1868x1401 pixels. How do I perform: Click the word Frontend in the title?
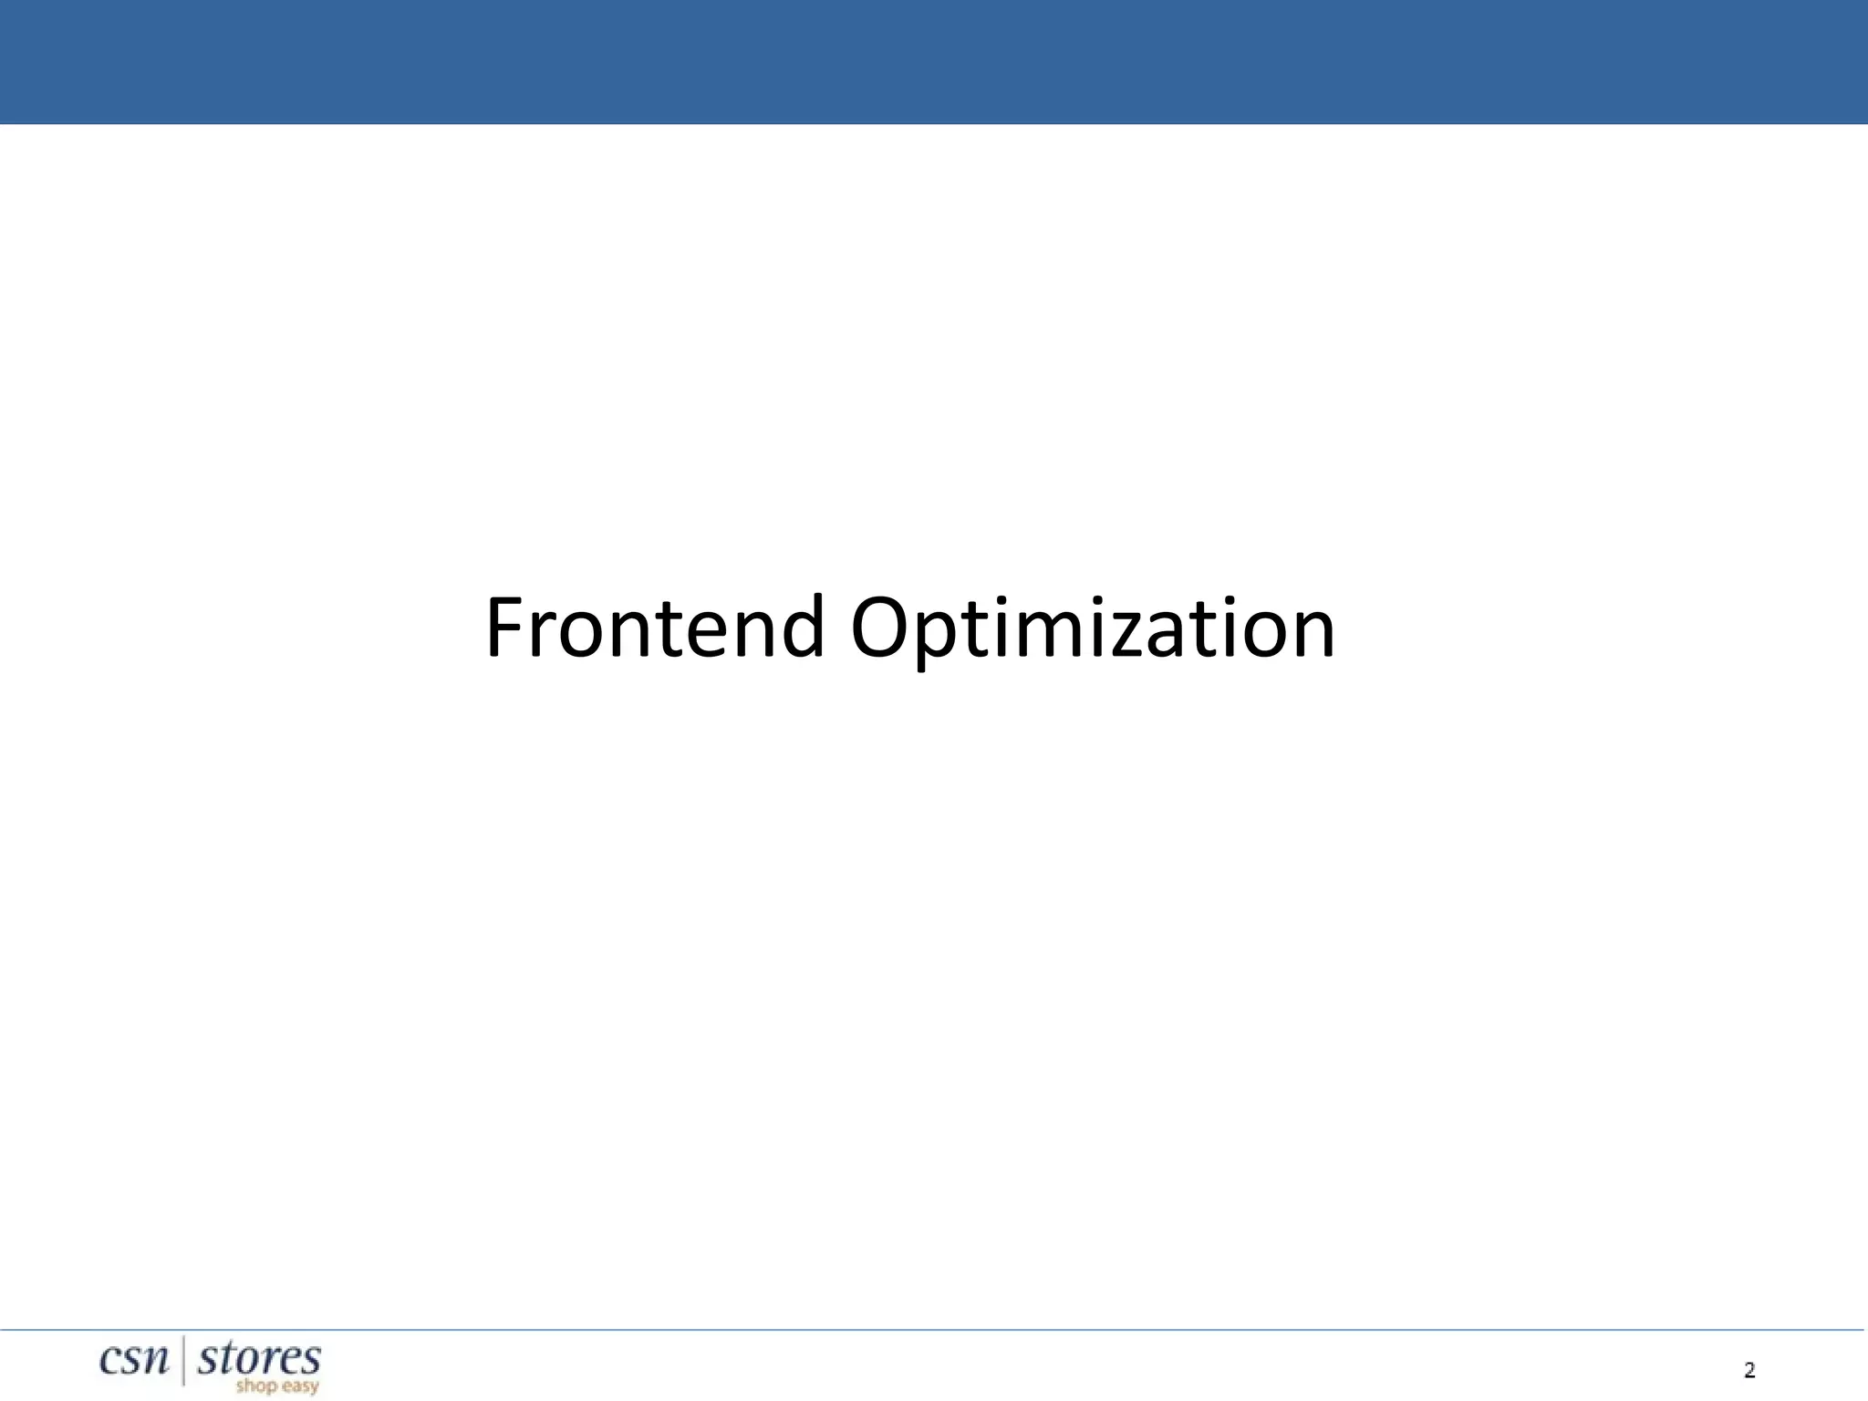coord(654,628)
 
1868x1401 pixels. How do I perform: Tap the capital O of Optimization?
coord(881,628)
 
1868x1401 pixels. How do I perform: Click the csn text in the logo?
coord(134,1360)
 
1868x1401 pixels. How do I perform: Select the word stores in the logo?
coord(259,1359)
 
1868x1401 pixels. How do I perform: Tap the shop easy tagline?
coord(276,1386)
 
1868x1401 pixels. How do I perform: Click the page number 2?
coord(1749,1370)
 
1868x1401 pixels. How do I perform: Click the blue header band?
coord(934,62)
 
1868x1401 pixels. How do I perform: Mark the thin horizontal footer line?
coord(934,1330)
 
